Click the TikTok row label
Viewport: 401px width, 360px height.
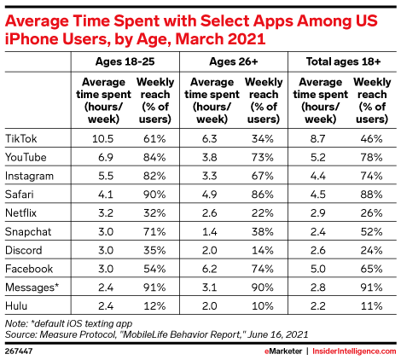[x=21, y=138]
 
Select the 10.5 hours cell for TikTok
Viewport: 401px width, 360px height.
[x=103, y=138]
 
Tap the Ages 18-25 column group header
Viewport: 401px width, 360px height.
[x=125, y=61]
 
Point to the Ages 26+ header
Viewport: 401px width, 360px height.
[x=234, y=61]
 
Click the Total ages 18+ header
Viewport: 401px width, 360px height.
[x=343, y=61]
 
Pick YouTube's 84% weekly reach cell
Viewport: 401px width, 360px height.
[x=154, y=157]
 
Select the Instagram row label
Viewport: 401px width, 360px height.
[x=29, y=176]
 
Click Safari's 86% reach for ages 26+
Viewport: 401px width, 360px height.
[x=263, y=195]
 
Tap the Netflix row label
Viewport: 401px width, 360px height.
[x=21, y=213]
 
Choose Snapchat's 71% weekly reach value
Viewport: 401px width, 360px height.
[x=154, y=232]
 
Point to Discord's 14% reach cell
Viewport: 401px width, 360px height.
[x=263, y=250]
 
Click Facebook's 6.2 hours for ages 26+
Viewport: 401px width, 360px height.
[x=210, y=269]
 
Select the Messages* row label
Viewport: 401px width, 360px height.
[x=32, y=287]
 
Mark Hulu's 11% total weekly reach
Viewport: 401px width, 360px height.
[x=372, y=306]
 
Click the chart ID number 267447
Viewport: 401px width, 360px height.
[x=19, y=351]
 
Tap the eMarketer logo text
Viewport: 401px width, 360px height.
[x=283, y=351]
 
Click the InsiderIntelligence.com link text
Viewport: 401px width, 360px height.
[x=354, y=351]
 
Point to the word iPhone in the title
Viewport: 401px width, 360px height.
[x=32, y=39]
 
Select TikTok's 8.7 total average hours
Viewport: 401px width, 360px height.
[x=318, y=138]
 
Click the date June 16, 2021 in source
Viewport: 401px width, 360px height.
[x=278, y=334]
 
